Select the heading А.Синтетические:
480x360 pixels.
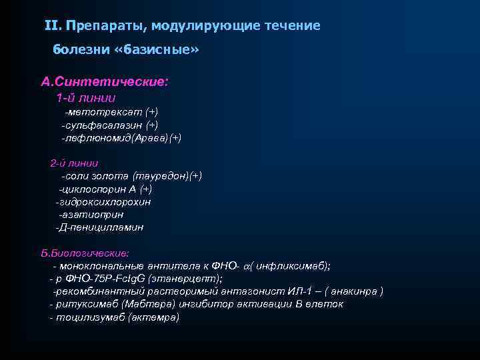pos(105,82)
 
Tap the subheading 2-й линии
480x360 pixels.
pos(74,163)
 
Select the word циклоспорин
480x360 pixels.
pos(93,189)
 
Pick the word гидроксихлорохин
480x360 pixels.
pos(105,201)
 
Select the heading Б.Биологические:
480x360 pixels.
pos(85,253)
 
